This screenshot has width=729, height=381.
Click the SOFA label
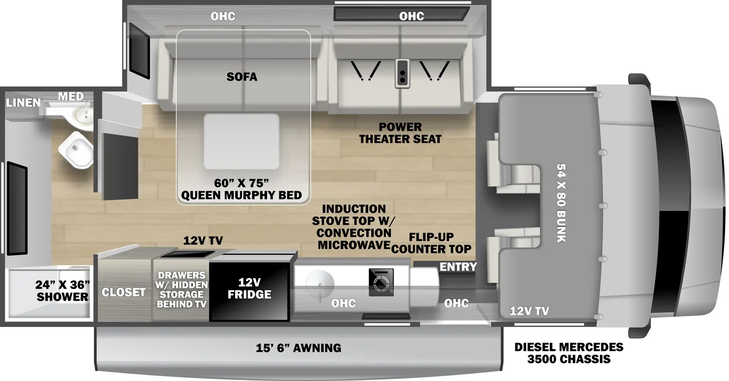coord(241,77)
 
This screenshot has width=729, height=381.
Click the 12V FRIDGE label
coord(249,288)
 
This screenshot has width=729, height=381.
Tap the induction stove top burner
coord(380,282)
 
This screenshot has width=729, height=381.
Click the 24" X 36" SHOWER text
coord(62,291)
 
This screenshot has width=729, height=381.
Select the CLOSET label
coord(123,292)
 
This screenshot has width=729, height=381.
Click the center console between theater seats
coord(401,73)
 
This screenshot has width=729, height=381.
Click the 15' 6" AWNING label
coord(298,348)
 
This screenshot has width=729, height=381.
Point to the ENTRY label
coord(457,267)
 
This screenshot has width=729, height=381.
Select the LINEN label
coord(23,103)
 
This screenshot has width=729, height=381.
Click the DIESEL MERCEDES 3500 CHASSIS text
coord(569,353)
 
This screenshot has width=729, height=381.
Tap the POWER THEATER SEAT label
coord(400,133)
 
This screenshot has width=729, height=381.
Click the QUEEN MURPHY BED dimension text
coord(241,189)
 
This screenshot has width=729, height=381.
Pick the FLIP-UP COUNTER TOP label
coord(431,243)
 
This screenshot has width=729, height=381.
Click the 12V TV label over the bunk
coord(529,311)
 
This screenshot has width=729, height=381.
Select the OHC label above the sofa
coord(223,16)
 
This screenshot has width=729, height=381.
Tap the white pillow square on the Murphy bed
coord(241,141)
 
